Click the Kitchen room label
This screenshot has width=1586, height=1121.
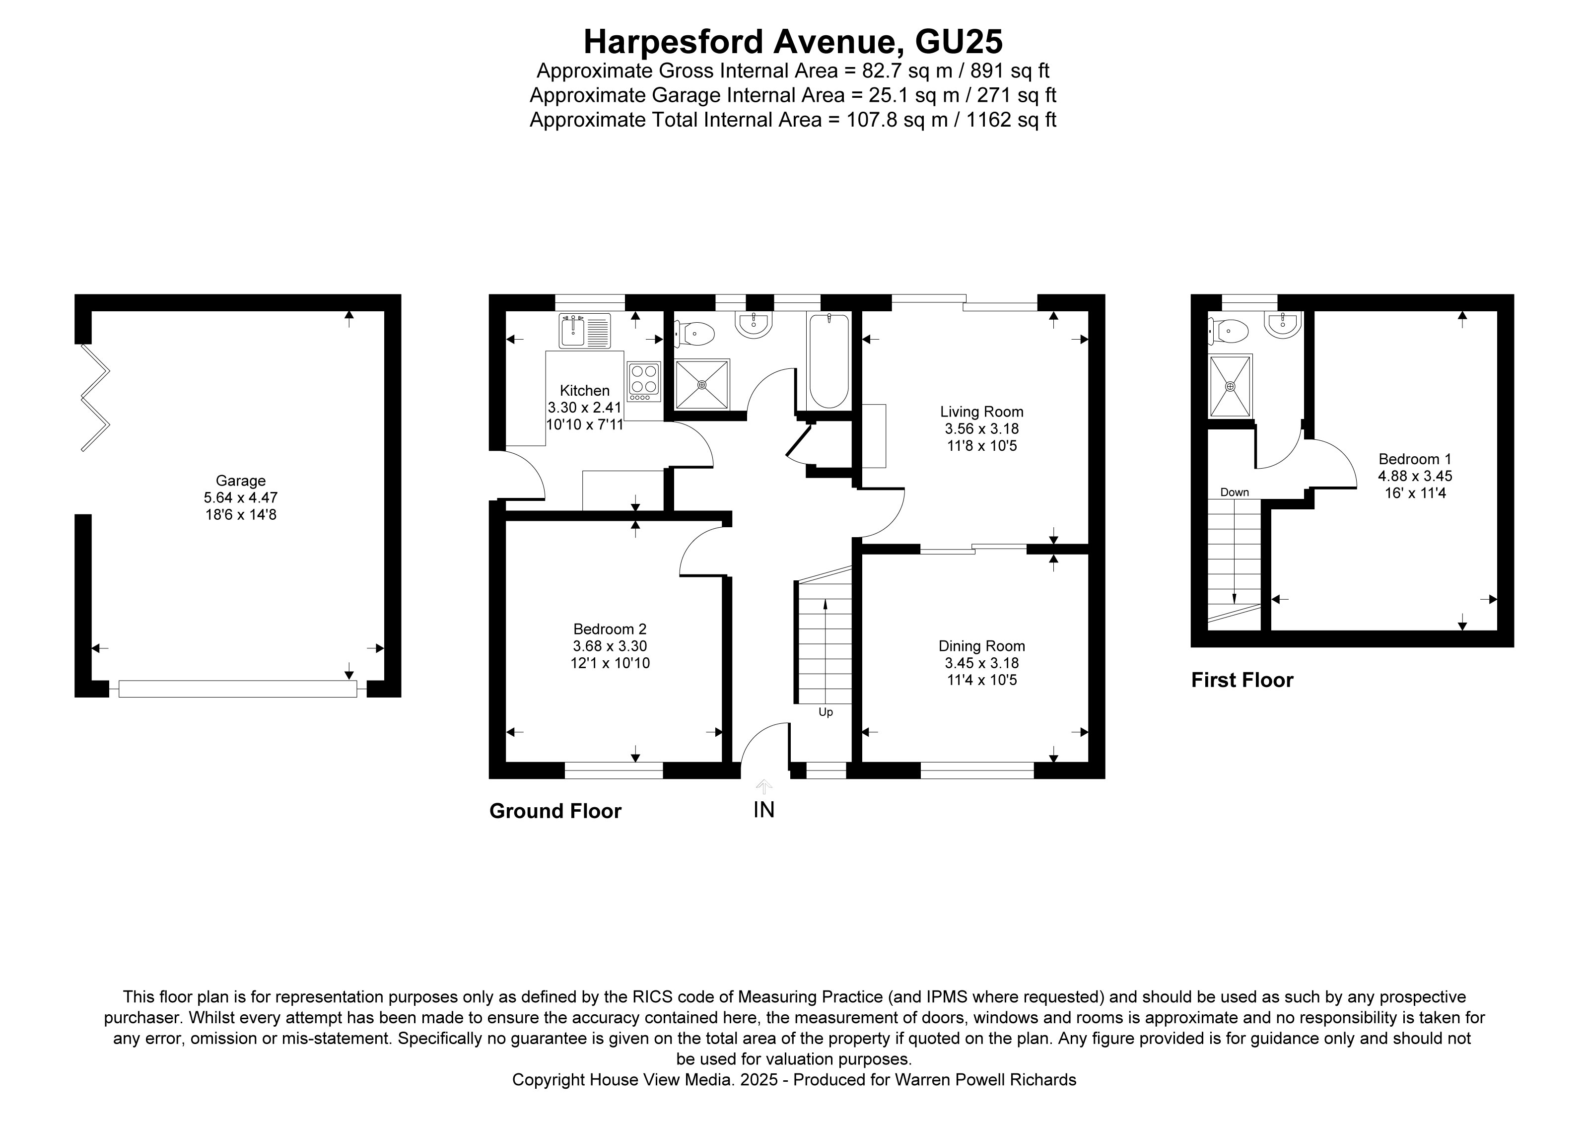pyautogui.click(x=584, y=390)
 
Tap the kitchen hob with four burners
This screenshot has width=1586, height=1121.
pyautogui.click(x=643, y=382)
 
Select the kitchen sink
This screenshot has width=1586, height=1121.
pyautogui.click(x=584, y=331)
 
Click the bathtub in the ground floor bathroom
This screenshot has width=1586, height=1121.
pyautogui.click(x=828, y=361)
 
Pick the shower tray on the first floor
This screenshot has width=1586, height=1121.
pyautogui.click(x=1230, y=386)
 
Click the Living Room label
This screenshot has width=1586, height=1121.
pyautogui.click(x=981, y=412)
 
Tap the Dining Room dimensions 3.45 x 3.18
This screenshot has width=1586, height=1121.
pyautogui.click(x=981, y=663)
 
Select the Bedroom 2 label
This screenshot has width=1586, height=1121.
pyautogui.click(x=609, y=629)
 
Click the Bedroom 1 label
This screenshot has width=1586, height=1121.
pyautogui.click(x=1415, y=459)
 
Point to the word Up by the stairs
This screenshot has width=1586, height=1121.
pyautogui.click(x=826, y=712)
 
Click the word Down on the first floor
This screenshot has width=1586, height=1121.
pyautogui.click(x=1235, y=492)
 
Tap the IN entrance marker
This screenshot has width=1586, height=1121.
pyautogui.click(x=763, y=810)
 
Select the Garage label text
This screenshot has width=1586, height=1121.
pyautogui.click(x=240, y=480)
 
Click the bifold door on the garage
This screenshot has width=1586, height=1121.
pyautogui.click(x=95, y=398)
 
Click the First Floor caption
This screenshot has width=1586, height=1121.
pyautogui.click(x=1241, y=680)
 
